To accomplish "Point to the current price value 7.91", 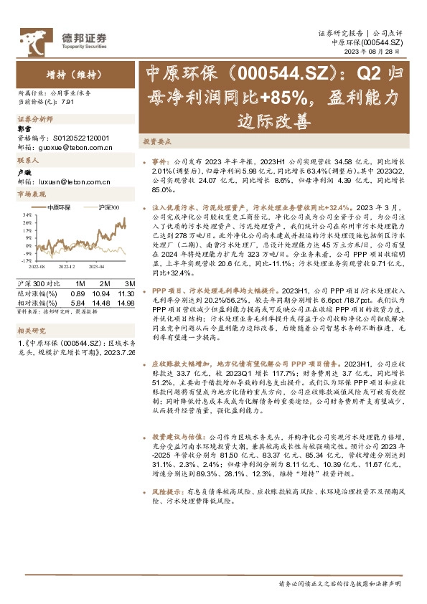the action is click(68, 101).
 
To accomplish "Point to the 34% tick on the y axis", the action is click(27, 214).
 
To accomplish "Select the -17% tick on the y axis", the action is click(26, 260).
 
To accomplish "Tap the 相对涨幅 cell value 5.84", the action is click(78, 293).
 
